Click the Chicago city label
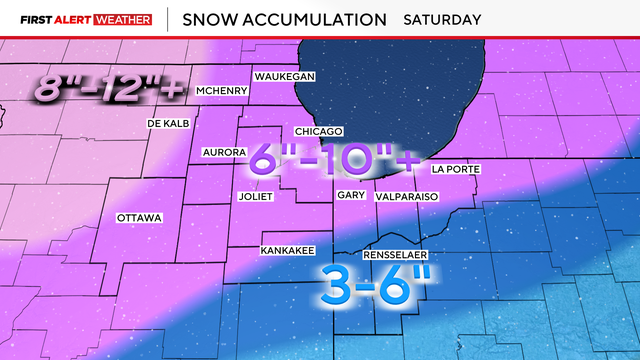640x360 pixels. (x=319, y=132)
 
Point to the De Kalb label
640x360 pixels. (x=167, y=123)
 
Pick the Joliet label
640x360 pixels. (x=255, y=196)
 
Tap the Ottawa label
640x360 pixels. (x=139, y=217)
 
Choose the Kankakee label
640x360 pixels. (x=282, y=249)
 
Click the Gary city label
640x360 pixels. (x=350, y=196)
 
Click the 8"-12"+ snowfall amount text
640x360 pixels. (x=109, y=90)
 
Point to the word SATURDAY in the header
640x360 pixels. (x=441, y=19)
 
